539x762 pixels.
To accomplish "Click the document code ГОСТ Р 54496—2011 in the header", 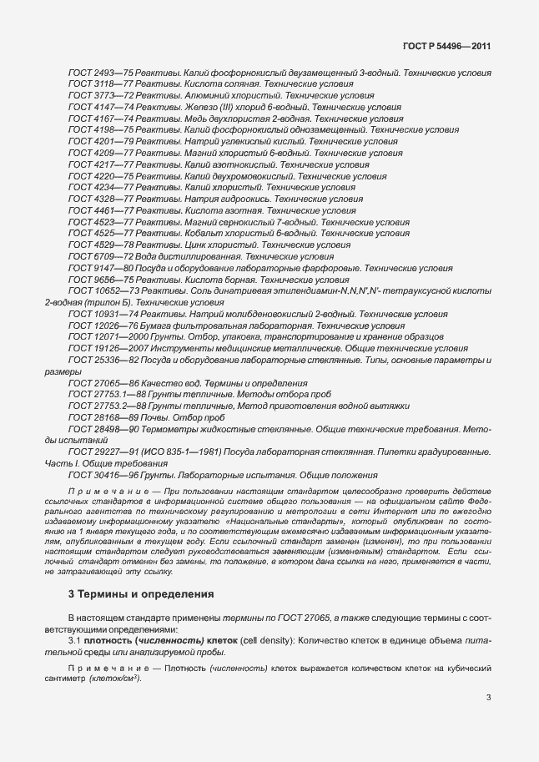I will (x=446, y=46).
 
